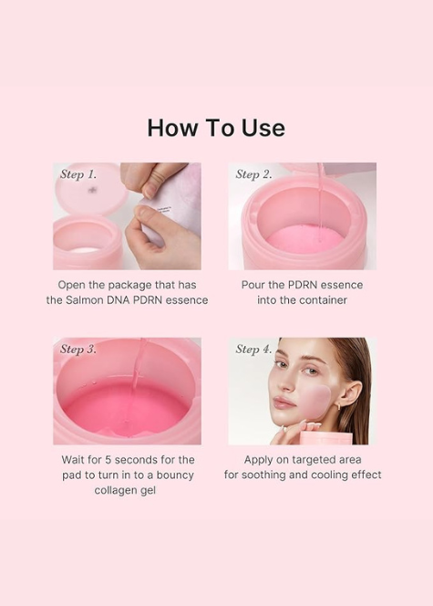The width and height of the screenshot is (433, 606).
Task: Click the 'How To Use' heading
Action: pyautogui.click(x=216, y=128)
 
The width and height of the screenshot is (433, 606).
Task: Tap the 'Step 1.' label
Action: pyautogui.click(x=78, y=174)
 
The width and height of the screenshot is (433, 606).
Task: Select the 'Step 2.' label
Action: pyautogui.click(x=253, y=174)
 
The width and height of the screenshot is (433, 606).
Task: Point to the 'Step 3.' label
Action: pyautogui.click(x=78, y=349)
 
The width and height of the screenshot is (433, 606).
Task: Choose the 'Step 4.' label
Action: pyautogui.click(x=253, y=349)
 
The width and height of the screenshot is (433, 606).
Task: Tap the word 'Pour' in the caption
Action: pyautogui.click(x=253, y=285)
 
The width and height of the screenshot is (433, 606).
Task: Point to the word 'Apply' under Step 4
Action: pyautogui.click(x=258, y=460)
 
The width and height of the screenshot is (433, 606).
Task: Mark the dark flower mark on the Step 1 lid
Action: pyautogui.click(x=92, y=190)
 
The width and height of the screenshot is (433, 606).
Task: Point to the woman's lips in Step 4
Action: pyautogui.click(x=284, y=404)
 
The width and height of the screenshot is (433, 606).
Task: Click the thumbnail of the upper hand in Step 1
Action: pyautogui.click(x=149, y=191)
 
